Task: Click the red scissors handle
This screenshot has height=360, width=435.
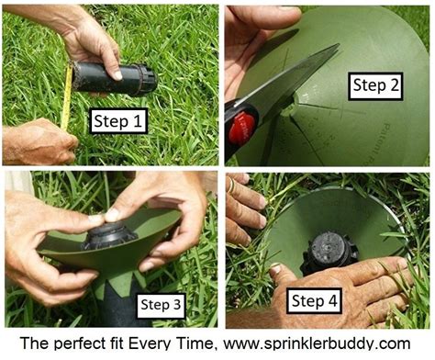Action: click(x=241, y=129)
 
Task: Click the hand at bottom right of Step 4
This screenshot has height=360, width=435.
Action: click(x=367, y=294)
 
